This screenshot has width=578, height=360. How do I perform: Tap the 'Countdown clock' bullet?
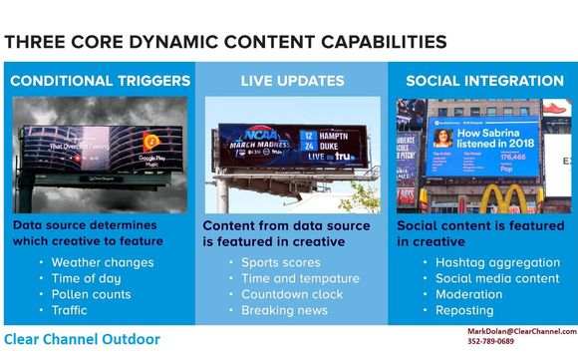pyautogui.click(x=290, y=295)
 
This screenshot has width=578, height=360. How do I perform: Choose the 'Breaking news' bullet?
pyautogui.click(x=284, y=311)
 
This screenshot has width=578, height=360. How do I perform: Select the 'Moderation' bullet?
pyautogui.click(x=468, y=295)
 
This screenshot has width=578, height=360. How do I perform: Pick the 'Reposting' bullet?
pyautogui.click(x=464, y=311)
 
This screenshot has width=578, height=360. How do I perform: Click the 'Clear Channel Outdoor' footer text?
pyautogui.click(x=82, y=340)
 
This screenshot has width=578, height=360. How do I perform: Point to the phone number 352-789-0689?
pyautogui.click(x=490, y=342)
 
